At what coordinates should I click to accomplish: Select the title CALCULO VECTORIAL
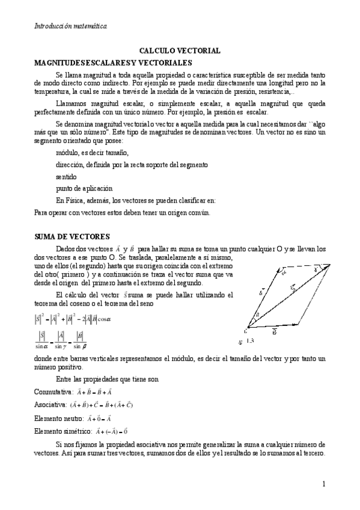click(180, 52)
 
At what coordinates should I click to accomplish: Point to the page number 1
click(323, 484)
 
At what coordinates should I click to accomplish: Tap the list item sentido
click(66, 176)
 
